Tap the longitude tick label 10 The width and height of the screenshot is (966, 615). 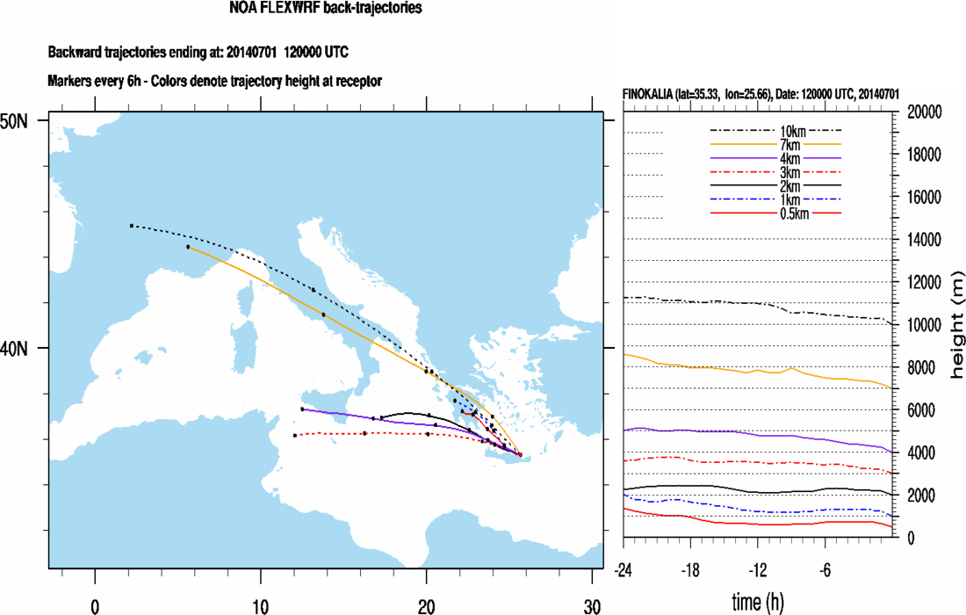coord(261,604)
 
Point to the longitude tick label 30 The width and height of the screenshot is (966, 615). coord(593,604)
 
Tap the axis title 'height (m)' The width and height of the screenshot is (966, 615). coord(955,324)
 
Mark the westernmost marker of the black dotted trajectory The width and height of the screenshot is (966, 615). coord(132,226)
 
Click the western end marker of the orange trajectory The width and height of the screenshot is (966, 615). coord(188,247)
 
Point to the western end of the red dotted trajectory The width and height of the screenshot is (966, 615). coord(295,435)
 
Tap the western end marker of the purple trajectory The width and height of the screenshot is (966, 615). coord(302,409)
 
